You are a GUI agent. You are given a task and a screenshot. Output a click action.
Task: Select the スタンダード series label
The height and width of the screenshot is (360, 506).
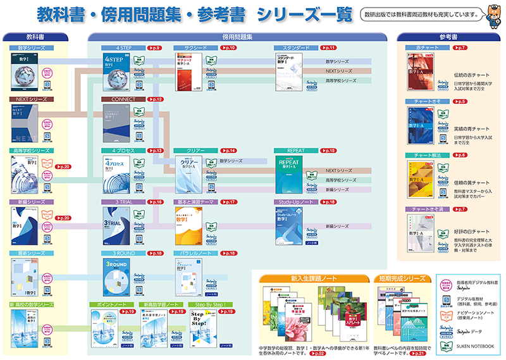pos(292,47)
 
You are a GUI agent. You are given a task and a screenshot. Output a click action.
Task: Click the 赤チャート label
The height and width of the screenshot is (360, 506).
pos(424,47)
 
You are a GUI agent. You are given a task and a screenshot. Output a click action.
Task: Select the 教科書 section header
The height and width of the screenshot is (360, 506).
pos(40,37)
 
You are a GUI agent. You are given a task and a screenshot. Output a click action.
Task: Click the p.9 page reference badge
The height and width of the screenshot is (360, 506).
pos(154,47)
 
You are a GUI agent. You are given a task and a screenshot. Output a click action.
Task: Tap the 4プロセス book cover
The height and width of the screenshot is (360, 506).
pos(120,173)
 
